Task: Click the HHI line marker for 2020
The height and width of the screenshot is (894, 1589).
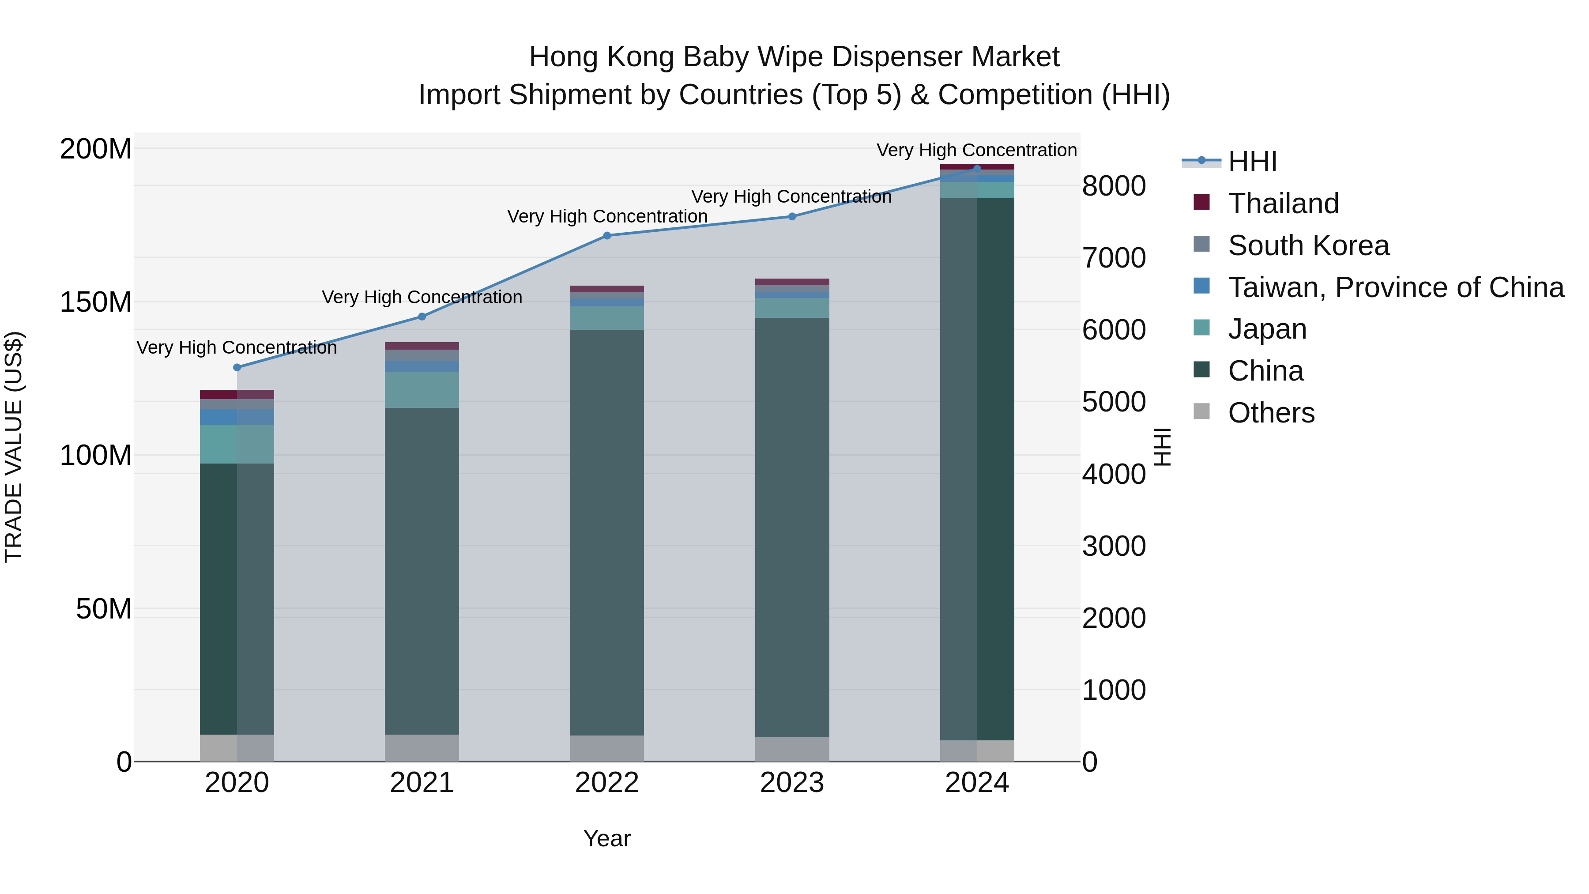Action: click(x=237, y=367)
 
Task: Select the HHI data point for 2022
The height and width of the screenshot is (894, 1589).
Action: click(x=607, y=235)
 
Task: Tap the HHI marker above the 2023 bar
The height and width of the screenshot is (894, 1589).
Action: click(x=792, y=217)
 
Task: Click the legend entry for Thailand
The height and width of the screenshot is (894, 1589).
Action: click(x=1283, y=203)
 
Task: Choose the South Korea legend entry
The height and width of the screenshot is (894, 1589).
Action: click(x=1308, y=245)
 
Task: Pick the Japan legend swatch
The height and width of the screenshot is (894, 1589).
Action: click(x=1201, y=328)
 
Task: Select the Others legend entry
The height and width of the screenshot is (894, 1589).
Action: click(x=1271, y=412)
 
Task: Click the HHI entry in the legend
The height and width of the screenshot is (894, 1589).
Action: click(x=1252, y=162)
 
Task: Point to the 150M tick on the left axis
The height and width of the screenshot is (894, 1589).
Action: click(x=96, y=302)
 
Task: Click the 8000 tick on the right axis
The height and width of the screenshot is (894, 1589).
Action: click(x=1114, y=186)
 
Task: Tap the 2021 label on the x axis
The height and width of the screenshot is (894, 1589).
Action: click(x=422, y=783)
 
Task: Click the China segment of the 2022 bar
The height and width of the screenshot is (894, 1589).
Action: click(x=607, y=531)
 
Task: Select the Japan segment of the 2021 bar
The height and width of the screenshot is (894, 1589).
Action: click(x=422, y=389)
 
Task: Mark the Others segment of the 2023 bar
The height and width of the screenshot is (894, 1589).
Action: click(x=792, y=749)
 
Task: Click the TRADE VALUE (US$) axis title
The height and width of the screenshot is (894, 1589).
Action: click(x=14, y=447)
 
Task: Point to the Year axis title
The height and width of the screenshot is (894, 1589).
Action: click(x=607, y=838)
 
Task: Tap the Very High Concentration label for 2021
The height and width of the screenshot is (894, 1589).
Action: click(x=422, y=298)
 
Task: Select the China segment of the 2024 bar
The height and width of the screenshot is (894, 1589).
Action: click(x=977, y=469)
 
